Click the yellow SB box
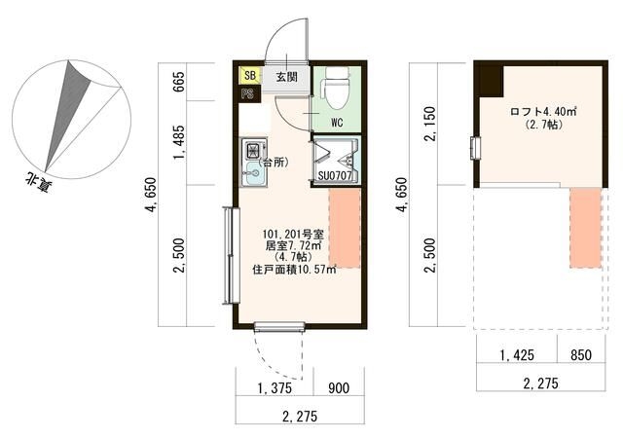[250, 76]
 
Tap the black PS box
[249, 94]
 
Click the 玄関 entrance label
[287, 76]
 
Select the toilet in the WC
[336, 88]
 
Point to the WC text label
[337, 123]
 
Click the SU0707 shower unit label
[335, 175]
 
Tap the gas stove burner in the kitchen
[253, 150]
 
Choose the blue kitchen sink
[253, 173]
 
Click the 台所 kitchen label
[274, 163]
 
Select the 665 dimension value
[179, 82]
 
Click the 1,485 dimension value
[179, 143]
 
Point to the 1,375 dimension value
[275, 388]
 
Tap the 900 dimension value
[339, 388]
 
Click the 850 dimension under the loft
[581, 355]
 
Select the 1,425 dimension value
[517, 355]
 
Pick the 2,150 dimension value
[430, 124]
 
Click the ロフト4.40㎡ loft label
[543, 112]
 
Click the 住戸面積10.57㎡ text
[294, 270]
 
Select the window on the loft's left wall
[475, 148]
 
